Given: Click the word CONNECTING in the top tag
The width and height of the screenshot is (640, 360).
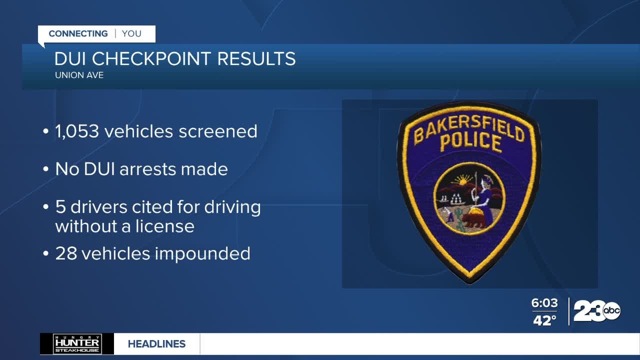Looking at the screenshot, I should (x=78, y=34).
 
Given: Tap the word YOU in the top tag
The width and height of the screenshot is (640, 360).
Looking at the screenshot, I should (x=131, y=34).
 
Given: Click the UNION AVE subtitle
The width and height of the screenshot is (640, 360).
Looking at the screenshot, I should (x=79, y=75).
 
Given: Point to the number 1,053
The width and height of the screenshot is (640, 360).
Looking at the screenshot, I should (x=77, y=131).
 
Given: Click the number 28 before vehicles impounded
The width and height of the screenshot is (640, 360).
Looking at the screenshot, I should (x=65, y=253).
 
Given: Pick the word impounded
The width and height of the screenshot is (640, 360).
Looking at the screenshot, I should (x=202, y=253).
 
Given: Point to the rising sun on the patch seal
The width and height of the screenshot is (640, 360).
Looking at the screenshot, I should (x=464, y=179).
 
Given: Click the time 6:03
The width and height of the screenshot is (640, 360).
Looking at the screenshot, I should (x=544, y=303).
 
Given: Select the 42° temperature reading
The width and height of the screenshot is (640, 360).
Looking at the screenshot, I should (x=544, y=320).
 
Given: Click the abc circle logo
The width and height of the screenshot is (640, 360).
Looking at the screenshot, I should (x=612, y=311).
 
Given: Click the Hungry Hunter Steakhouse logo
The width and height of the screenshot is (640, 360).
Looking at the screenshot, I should (x=77, y=344).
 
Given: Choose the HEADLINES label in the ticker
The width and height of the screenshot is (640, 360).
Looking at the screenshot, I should (x=156, y=344).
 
